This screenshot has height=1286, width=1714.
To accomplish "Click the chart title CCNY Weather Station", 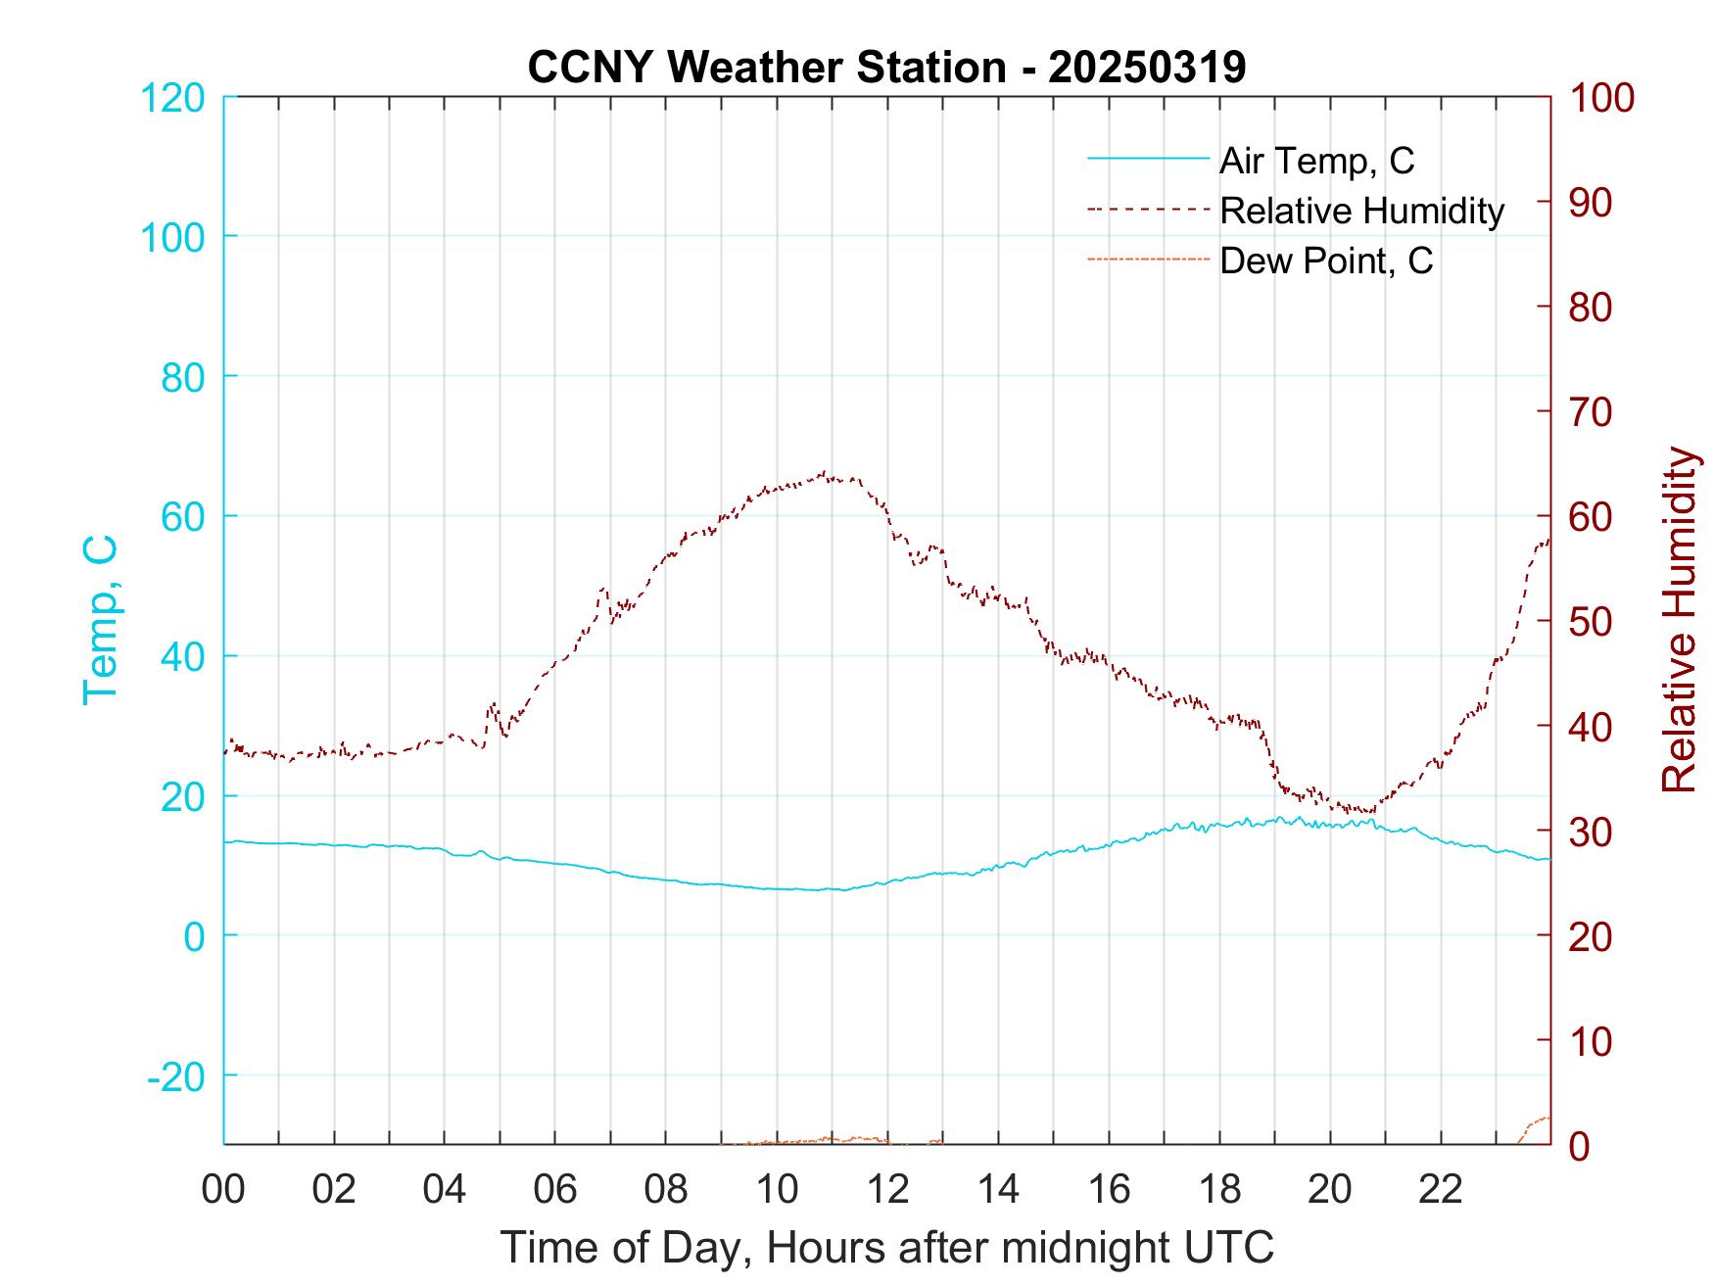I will tap(766, 68).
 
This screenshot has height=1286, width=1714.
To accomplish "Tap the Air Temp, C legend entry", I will tap(1316, 161).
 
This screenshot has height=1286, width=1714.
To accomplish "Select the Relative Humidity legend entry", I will tap(1361, 211).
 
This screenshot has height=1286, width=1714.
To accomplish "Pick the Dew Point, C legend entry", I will tap(1326, 261).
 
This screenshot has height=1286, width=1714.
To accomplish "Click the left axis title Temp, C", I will tap(100, 619).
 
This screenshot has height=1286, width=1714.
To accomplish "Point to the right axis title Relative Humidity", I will tap(1679, 619).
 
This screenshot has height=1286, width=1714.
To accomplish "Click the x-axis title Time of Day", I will tap(886, 1248).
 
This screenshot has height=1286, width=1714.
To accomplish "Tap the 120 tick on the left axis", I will tap(172, 98).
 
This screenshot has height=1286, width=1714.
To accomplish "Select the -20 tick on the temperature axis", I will tap(176, 1075).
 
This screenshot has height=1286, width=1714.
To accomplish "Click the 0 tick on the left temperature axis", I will tap(194, 935).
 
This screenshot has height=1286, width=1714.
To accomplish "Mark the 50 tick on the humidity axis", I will tap(1593, 621).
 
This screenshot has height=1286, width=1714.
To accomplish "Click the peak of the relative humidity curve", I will tap(825, 473).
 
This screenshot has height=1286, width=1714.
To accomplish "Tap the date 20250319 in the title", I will tap(1147, 68).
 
